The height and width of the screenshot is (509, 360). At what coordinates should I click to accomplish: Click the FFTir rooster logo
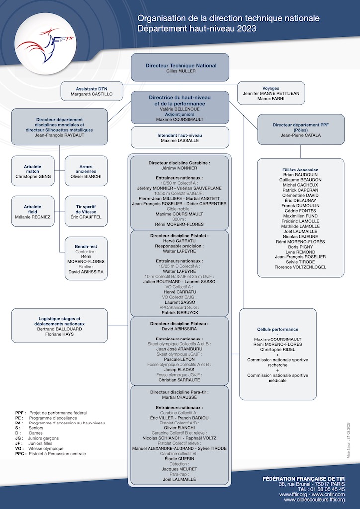pos(45,45)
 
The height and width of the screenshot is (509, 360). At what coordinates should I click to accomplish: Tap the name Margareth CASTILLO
pos(91,94)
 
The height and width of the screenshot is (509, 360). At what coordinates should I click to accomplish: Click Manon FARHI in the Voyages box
pos(270,99)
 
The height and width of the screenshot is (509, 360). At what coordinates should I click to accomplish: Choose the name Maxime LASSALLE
pos(180,141)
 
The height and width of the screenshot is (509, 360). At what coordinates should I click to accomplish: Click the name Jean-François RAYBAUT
pos(59,135)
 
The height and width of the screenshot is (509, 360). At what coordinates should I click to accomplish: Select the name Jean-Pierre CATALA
pos(301,135)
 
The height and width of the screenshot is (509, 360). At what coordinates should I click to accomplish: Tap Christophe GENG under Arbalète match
pos(33,176)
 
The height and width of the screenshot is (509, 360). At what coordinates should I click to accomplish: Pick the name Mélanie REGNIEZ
pos(33,217)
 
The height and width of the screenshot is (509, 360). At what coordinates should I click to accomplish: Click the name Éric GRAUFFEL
pos(86,217)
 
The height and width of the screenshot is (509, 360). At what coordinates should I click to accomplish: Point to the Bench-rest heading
pos(86,247)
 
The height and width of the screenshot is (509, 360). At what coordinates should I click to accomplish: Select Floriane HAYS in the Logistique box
pos(59,334)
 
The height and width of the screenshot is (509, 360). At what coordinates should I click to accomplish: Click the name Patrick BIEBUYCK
pos(180,312)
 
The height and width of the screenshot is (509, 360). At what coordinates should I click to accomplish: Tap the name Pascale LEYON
pos(180,360)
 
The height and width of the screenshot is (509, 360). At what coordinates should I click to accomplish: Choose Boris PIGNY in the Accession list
pos(300,247)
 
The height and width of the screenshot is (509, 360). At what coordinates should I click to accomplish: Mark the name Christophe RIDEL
pos(277,349)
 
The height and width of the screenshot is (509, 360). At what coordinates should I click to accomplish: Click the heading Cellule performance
pos(277,329)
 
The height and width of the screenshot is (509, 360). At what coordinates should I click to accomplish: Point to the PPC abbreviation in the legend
pos(21,454)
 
